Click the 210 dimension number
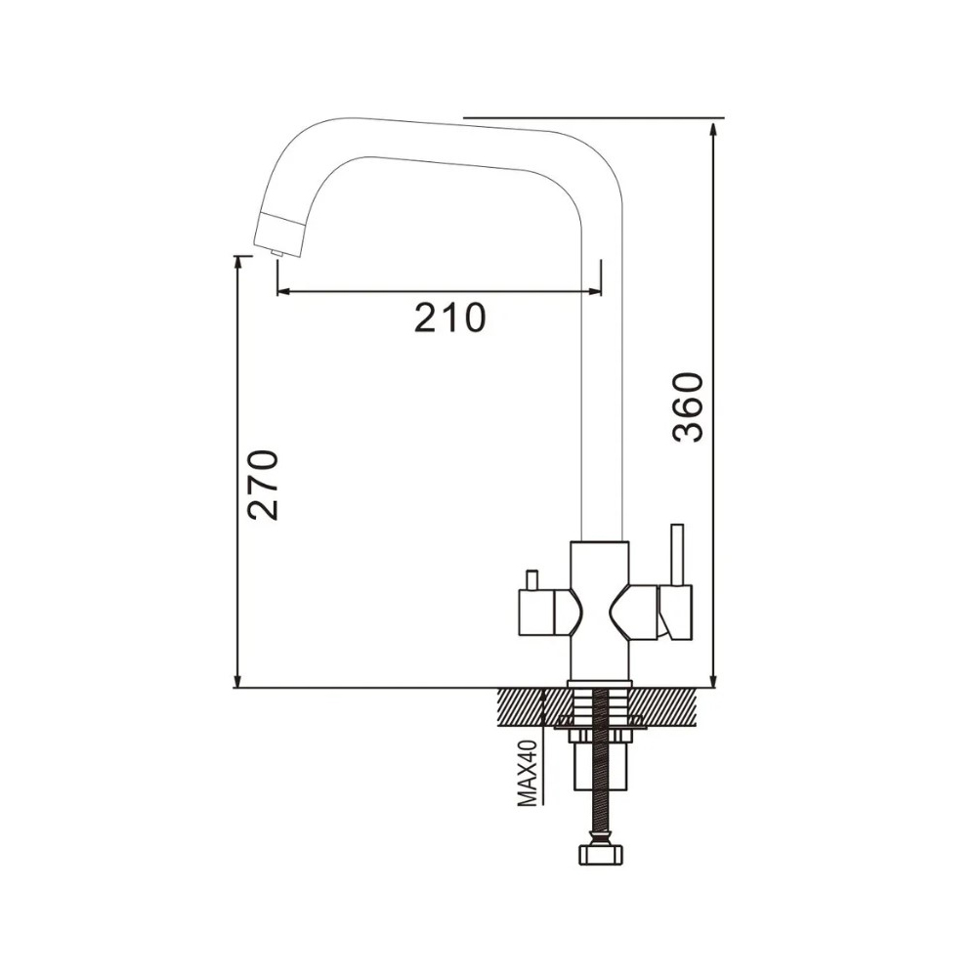coord(449,318)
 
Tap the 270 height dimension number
coord(263,485)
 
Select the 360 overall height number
coord(689,406)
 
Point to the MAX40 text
coord(528,774)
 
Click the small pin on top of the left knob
coord(532,579)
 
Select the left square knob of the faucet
coord(535,614)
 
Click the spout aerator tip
coord(276,252)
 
